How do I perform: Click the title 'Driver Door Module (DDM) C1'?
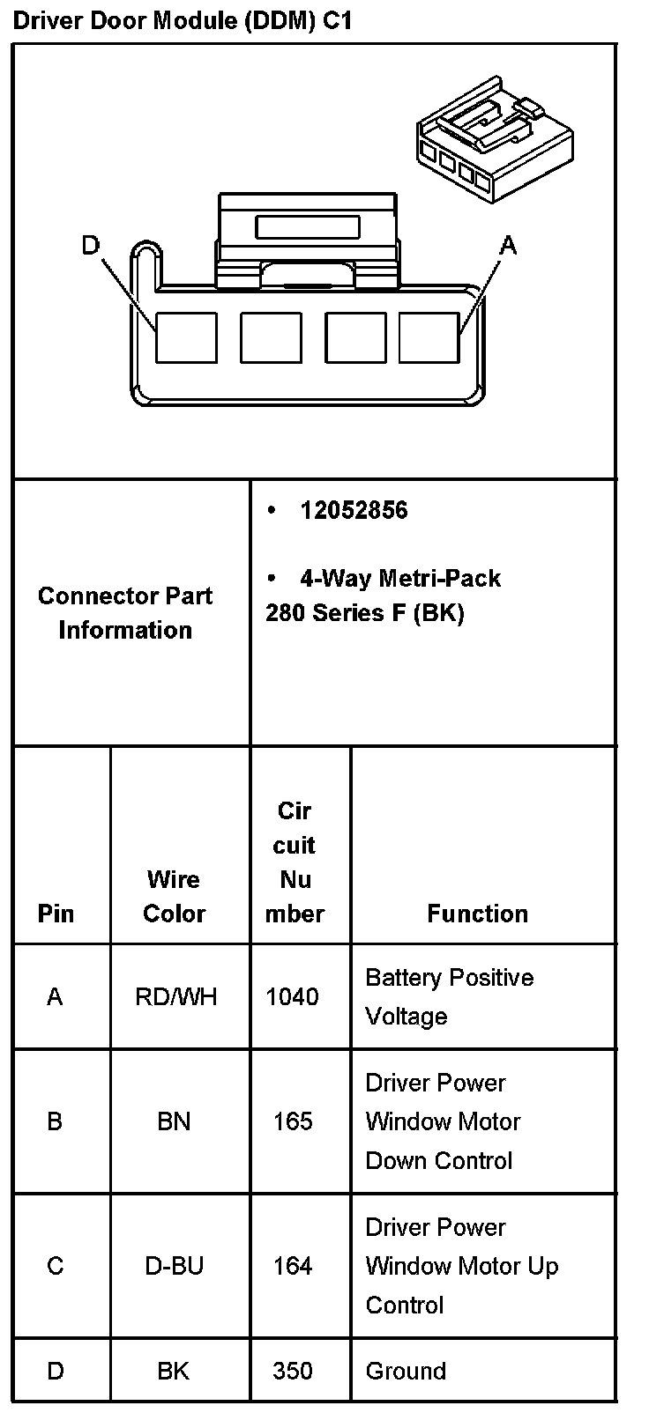pos(183,21)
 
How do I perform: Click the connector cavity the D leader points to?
pos(186,337)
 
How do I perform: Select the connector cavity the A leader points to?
pos(429,337)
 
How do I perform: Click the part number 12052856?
pos(354,510)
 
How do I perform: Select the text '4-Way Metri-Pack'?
pos(399,578)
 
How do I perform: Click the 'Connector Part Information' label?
pos(125,612)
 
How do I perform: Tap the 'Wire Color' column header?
pos(174,896)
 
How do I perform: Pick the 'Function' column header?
pos(477,914)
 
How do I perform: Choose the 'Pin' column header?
pos(56,914)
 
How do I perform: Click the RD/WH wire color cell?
pos(175,996)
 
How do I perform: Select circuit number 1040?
pos(292,996)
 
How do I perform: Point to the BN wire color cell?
pos(174,1121)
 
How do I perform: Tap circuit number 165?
pos(293,1121)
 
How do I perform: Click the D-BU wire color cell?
pos(175,1266)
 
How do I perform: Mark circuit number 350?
pos(293,1371)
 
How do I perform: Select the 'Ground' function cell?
pos(406,1371)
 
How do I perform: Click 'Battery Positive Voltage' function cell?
pos(449,996)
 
